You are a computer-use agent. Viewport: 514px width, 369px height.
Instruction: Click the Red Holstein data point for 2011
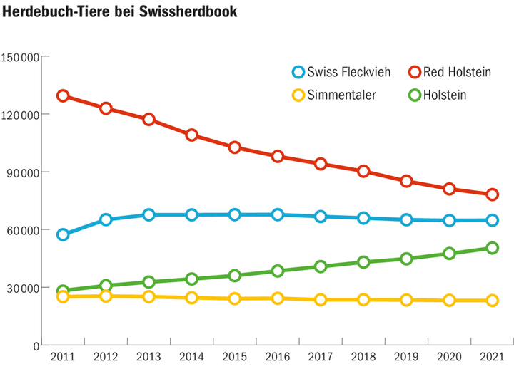point(63,96)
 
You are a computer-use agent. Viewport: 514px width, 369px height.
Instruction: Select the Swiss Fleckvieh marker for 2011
point(63,234)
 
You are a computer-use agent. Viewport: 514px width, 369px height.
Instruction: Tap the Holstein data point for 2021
point(492,248)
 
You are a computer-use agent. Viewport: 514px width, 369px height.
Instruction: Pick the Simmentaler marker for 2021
point(492,301)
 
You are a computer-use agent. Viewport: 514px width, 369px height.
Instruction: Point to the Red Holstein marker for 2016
point(278,157)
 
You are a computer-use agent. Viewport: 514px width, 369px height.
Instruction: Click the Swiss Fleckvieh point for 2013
point(148,214)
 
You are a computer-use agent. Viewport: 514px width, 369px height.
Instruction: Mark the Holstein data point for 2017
point(321,266)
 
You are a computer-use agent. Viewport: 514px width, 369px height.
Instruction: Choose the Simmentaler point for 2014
point(191,298)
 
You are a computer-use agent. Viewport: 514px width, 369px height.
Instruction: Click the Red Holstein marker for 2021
point(492,194)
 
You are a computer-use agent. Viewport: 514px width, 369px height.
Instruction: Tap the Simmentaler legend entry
point(336,94)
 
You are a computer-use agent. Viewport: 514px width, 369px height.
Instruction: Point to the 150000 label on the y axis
point(21,56)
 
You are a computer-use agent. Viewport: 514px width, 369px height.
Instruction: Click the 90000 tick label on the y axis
point(24,172)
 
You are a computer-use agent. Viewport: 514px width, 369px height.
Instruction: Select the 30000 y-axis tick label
point(24,289)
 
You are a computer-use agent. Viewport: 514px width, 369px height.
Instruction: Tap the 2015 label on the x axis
point(234,357)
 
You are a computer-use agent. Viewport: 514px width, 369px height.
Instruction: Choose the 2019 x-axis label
point(406,357)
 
